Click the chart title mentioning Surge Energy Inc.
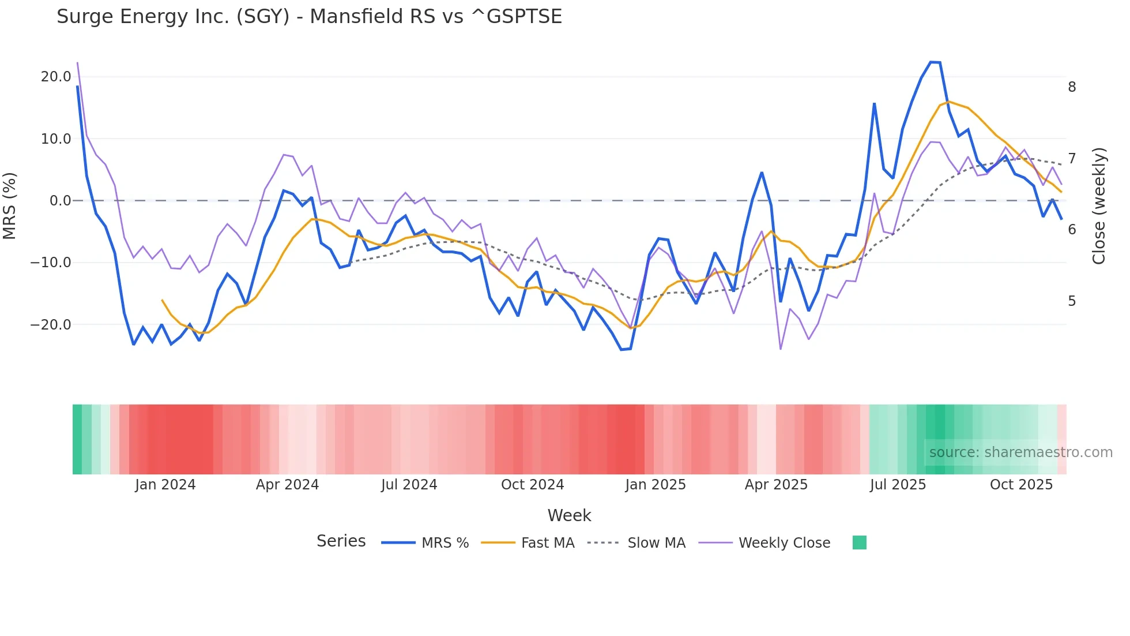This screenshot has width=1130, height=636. click(x=309, y=17)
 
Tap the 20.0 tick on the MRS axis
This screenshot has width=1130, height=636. click(x=56, y=77)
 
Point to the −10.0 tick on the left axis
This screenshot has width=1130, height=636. click(x=51, y=263)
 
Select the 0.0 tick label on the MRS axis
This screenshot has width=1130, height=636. click(x=60, y=201)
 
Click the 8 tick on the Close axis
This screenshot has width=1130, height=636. click(x=1072, y=87)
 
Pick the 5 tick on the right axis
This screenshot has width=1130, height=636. click(x=1072, y=301)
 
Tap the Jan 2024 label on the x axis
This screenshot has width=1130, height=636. click(x=165, y=485)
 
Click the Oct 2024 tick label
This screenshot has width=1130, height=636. click(x=532, y=485)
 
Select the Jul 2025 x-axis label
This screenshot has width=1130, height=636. click(x=898, y=485)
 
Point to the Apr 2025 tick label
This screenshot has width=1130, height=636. click(x=776, y=485)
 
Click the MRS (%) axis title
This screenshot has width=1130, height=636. click(x=10, y=206)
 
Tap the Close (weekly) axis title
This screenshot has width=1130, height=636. click(x=1099, y=206)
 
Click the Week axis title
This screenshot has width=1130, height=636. click(x=569, y=515)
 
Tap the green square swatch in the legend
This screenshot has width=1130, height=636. click(x=859, y=543)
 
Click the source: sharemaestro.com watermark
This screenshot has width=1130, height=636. click(x=1020, y=452)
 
